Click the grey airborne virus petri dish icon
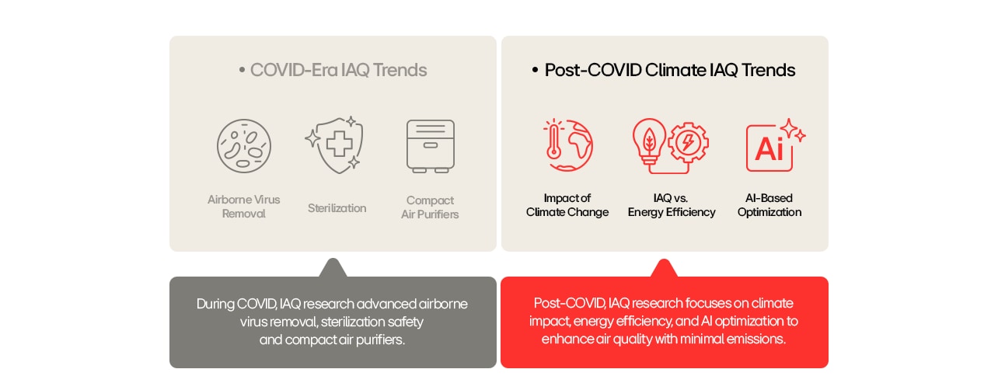click(244, 145)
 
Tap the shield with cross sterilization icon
click(335, 145)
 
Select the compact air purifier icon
click(431, 145)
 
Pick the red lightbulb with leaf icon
click(648, 140)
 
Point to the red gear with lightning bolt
click(688, 144)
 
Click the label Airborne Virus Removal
click(244, 207)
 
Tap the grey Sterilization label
click(337, 208)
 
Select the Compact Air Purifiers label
click(430, 207)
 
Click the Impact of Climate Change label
click(567, 205)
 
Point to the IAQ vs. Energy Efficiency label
click(672, 205)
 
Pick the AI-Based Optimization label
click(769, 205)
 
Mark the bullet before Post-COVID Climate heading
click(535, 71)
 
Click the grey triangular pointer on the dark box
click(333, 268)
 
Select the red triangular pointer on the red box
click(664, 268)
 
